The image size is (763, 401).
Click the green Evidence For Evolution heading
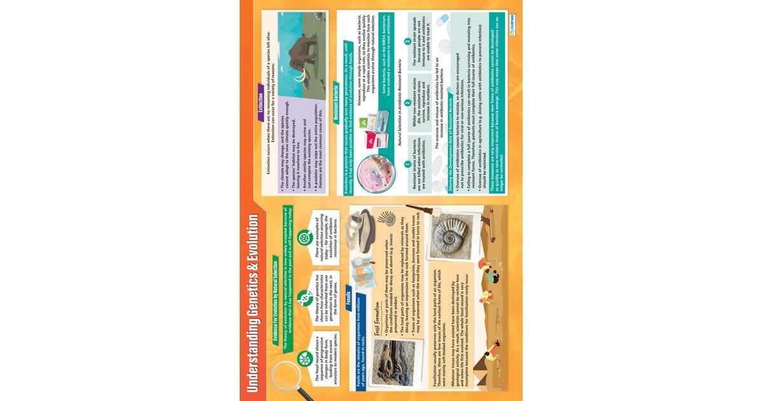(x=272, y=299)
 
